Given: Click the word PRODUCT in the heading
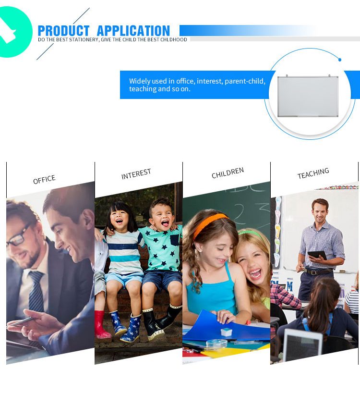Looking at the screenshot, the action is click(63, 31).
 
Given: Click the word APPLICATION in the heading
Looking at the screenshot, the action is click(133, 31).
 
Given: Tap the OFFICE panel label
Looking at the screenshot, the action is click(44, 179).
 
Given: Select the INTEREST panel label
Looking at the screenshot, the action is click(136, 174).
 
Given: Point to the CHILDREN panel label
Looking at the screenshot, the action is click(228, 173).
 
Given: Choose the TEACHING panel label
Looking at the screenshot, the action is click(313, 173).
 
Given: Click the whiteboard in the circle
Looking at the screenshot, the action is click(308, 96).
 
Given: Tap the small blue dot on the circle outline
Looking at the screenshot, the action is click(340, 60).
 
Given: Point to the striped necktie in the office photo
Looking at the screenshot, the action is click(36, 292).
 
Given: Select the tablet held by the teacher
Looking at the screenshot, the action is click(317, 255).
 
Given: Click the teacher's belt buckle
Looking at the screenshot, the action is click(313, 272).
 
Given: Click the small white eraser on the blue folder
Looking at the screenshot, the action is click(226, 332).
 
